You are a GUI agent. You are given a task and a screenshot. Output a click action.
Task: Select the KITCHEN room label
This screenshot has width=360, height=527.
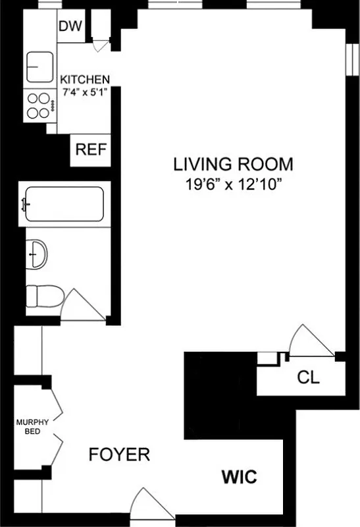click(x=86, y=79)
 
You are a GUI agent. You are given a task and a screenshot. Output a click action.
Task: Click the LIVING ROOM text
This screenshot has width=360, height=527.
click(x=233, y=164)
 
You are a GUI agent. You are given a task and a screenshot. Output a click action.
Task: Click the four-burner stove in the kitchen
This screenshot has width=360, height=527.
click(x=40, y=104)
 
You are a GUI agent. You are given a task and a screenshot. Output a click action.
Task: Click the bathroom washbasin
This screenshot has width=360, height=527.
click(x=38, y=252)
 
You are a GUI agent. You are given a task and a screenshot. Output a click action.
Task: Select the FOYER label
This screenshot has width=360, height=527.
click(x=120, y=455)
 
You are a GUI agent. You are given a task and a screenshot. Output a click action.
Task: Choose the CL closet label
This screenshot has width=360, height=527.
click(x=309, y=378)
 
